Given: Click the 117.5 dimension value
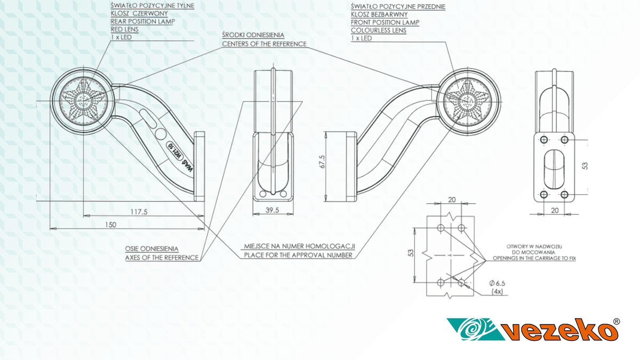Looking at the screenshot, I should click(139, 212).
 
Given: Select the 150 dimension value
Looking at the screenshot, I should click(110, 225).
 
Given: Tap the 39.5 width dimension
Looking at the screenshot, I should click(273, 210).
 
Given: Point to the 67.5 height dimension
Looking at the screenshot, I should click(322, 162).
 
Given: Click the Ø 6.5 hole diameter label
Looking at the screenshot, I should click(500, 284).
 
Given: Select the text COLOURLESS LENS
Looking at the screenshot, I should click(379, 30).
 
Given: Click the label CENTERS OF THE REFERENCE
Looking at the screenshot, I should click(265, 44).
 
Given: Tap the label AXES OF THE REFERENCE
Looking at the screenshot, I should click(162, 258).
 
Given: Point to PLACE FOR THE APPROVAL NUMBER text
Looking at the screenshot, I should click(298, 255).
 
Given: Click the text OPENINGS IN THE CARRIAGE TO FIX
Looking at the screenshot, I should click(534, 258).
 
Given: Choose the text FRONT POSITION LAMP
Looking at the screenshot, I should click(385, 22).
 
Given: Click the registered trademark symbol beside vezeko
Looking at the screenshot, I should click(617, 322).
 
